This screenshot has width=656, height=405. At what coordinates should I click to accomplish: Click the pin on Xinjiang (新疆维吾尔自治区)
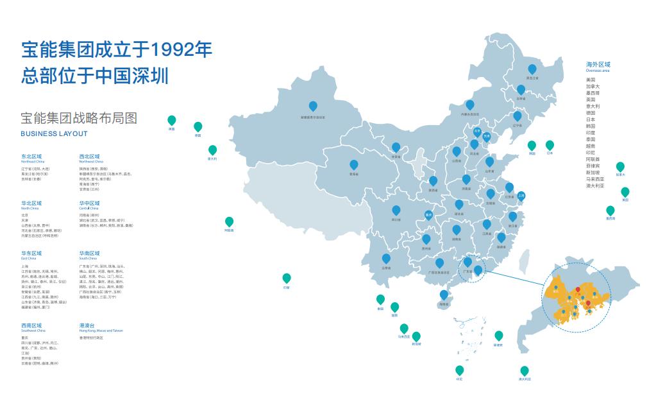tap(313, 106)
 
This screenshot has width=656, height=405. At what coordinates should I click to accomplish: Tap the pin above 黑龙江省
tap(532, 69)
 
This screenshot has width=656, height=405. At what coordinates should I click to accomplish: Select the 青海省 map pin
tap(353, 164)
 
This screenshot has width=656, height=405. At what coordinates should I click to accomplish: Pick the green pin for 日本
tap(550, 145)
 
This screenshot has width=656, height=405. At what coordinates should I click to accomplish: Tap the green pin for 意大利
tap(212, 150)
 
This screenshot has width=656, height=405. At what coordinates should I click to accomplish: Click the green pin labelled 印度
tap(287, 278)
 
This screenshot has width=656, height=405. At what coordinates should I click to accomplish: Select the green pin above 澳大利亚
tap(525, 370)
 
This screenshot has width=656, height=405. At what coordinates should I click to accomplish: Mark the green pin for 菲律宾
tap(498, 336)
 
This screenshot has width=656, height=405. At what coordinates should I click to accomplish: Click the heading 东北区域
tap(31, 156)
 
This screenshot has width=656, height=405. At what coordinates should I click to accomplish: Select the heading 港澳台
tap(87, 325)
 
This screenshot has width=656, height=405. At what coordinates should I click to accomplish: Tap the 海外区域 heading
tap(598, 65)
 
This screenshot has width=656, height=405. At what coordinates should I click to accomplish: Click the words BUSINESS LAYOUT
tap(54, 134)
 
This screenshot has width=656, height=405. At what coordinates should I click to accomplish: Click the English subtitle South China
tap(88, 258)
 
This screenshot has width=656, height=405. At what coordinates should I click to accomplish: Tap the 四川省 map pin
tap(396, 210)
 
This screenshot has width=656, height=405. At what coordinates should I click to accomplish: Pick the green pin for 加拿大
tap(620, 166)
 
